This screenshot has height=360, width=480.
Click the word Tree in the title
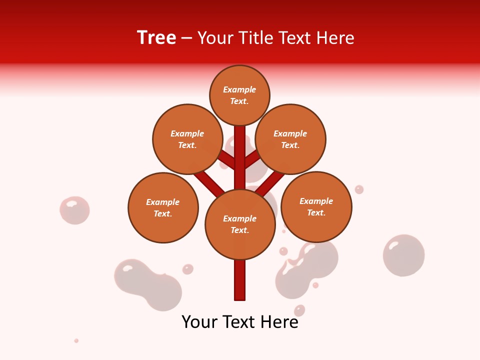[x=156, y=37]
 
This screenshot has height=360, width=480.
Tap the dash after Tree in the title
[x=187, y=38]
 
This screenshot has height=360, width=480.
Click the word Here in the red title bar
[x=336, y=38]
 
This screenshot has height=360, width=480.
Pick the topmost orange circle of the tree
[x=239, y=95]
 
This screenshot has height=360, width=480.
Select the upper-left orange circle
[x=187, y=139]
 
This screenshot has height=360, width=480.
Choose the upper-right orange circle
[x=290, y=139]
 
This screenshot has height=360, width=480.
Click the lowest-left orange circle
[x=163, y=207]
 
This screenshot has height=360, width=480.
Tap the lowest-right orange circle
[x=316, y=206]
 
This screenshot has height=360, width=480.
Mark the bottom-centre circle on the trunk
[x=240, y=224]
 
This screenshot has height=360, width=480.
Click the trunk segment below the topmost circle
[x=240, y=150]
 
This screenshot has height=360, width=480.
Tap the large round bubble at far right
[x=403, y=255]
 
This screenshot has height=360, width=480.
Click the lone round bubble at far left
[x=74, y=210]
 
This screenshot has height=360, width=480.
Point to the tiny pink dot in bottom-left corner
[x=76, y=340]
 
